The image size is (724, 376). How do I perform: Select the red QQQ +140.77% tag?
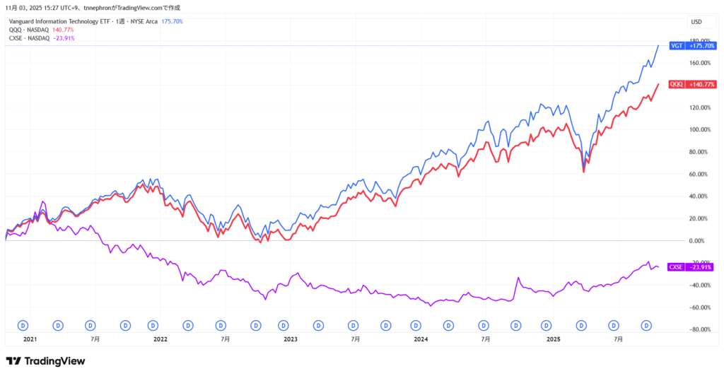(x=689, y=84)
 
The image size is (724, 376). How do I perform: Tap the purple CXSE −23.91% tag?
(x=689, y=267)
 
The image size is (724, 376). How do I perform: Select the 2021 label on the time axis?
(x=30, y=339)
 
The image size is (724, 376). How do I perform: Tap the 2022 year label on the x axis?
(x=160, y=339)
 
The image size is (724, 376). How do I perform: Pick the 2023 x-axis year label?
(x=291, y=339)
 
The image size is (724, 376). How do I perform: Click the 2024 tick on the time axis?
(x=421, y=339)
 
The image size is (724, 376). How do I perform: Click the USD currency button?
(x=696, y=21)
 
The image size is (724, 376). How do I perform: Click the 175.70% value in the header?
(x=173, y=21)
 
